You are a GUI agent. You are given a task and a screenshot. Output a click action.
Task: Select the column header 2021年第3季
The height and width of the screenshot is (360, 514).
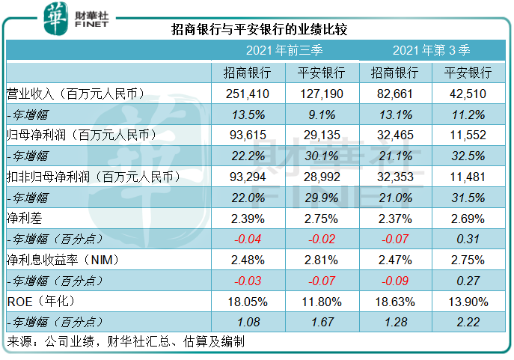click(x=432, y=51)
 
